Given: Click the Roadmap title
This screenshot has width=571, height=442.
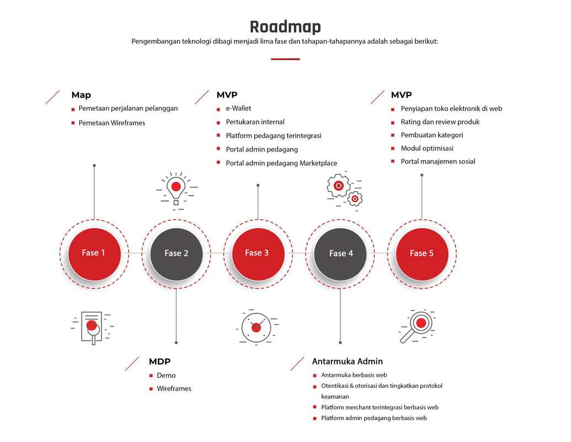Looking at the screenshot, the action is [x=285, y=27].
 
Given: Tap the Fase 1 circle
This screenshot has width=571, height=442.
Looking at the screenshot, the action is [x=94, y=254].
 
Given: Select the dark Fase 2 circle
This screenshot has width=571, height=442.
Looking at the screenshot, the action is [x=176, y=254].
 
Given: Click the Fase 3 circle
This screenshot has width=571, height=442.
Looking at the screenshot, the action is [x=258, y=254].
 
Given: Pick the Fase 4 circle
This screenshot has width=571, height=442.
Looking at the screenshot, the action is [x=340, y=254].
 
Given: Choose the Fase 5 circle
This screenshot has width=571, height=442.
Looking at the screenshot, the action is [x=421, y=254].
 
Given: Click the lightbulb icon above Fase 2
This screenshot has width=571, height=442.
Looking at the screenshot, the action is [x=177, y=191].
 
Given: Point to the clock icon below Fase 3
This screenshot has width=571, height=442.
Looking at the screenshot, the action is [x=257, y=327].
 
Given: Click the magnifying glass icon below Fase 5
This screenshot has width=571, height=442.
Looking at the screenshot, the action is [x=417, y=327].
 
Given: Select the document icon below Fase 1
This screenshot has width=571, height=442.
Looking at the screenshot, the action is [x=92, y=328].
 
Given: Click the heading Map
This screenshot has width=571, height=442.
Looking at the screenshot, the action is [x=81, y=95].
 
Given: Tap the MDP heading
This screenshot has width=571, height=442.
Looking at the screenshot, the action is [x=159, y=361].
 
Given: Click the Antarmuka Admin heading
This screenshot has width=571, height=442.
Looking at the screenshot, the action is [x=348, y=361].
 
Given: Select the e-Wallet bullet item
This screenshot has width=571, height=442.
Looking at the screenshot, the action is [x=238, y=108].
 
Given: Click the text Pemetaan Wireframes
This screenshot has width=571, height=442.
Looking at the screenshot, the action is [x=112, y=123].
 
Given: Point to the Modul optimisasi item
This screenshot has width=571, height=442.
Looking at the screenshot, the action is [x=427, y=148].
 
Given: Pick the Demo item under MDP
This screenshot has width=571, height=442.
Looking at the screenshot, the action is [x=166, y=375].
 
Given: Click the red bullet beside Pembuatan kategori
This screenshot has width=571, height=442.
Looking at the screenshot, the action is [x=393, y=135].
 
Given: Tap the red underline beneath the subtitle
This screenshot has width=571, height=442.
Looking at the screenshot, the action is [x=285, y=59].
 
